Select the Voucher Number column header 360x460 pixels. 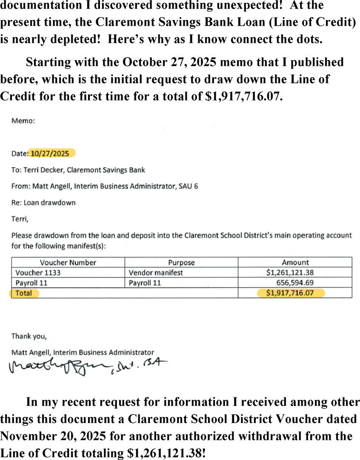(x=68, y=262)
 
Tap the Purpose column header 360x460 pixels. (x=181, y=262)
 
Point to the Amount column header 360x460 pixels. (x=295, y=262)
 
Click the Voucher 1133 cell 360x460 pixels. (x=38, y=273)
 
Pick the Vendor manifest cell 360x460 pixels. (x=156, y=273)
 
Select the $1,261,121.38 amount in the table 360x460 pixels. (x=290, y=273)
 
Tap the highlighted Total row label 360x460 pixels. (x=24, y=293)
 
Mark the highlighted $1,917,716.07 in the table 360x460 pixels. (x=290, y=293)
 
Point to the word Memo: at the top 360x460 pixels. (x=23, y=121)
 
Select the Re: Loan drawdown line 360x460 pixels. (x=43, y=203)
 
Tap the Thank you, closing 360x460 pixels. (x=29, y=336)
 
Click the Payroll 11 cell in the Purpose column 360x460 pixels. (x=145, y=283)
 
